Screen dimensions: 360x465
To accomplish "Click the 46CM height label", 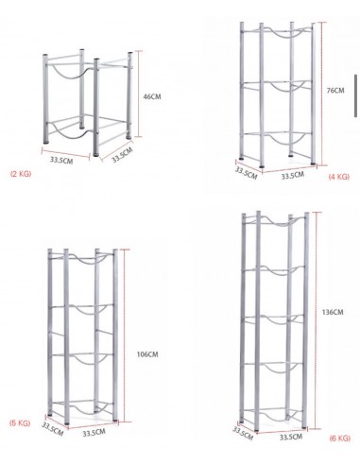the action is pyautogui.click(x=152, y=96).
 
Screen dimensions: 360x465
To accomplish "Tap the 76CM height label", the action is pyautogui.click(x=335, y=91).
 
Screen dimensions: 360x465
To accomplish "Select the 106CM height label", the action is pyautogui.click(x=147, y=354).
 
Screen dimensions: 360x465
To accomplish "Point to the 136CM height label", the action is pyautogui.click(x=333, y=312).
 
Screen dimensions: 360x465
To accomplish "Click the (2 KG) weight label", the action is pyautogui.click(x=21, y=174).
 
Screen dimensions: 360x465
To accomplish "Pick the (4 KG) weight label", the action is pyautogui.click(x=339, y=177).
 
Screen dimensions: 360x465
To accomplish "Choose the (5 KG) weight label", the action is pyautogui.click(x=20, y=423).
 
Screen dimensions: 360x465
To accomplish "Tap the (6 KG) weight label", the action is pyautogui.click(x=340, y=439).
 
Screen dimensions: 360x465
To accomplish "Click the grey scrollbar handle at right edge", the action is pyautogui.click(x=355, y=95).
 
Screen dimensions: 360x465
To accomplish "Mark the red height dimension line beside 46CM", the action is pyautogui.click(x=139, y=94).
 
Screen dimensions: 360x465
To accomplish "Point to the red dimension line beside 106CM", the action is pyautogui.click(x=125, y=336).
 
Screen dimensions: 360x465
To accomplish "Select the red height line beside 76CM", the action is pyautogui.click(x=321, y=94).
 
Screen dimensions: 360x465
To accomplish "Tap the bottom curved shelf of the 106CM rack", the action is pyautogui.click(x=82, y=410).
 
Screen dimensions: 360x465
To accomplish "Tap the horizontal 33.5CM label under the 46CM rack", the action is pyautogui.click(x=61, y=160).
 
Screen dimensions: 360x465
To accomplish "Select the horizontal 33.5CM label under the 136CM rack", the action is pyautogui.click(x=291, y=437).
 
